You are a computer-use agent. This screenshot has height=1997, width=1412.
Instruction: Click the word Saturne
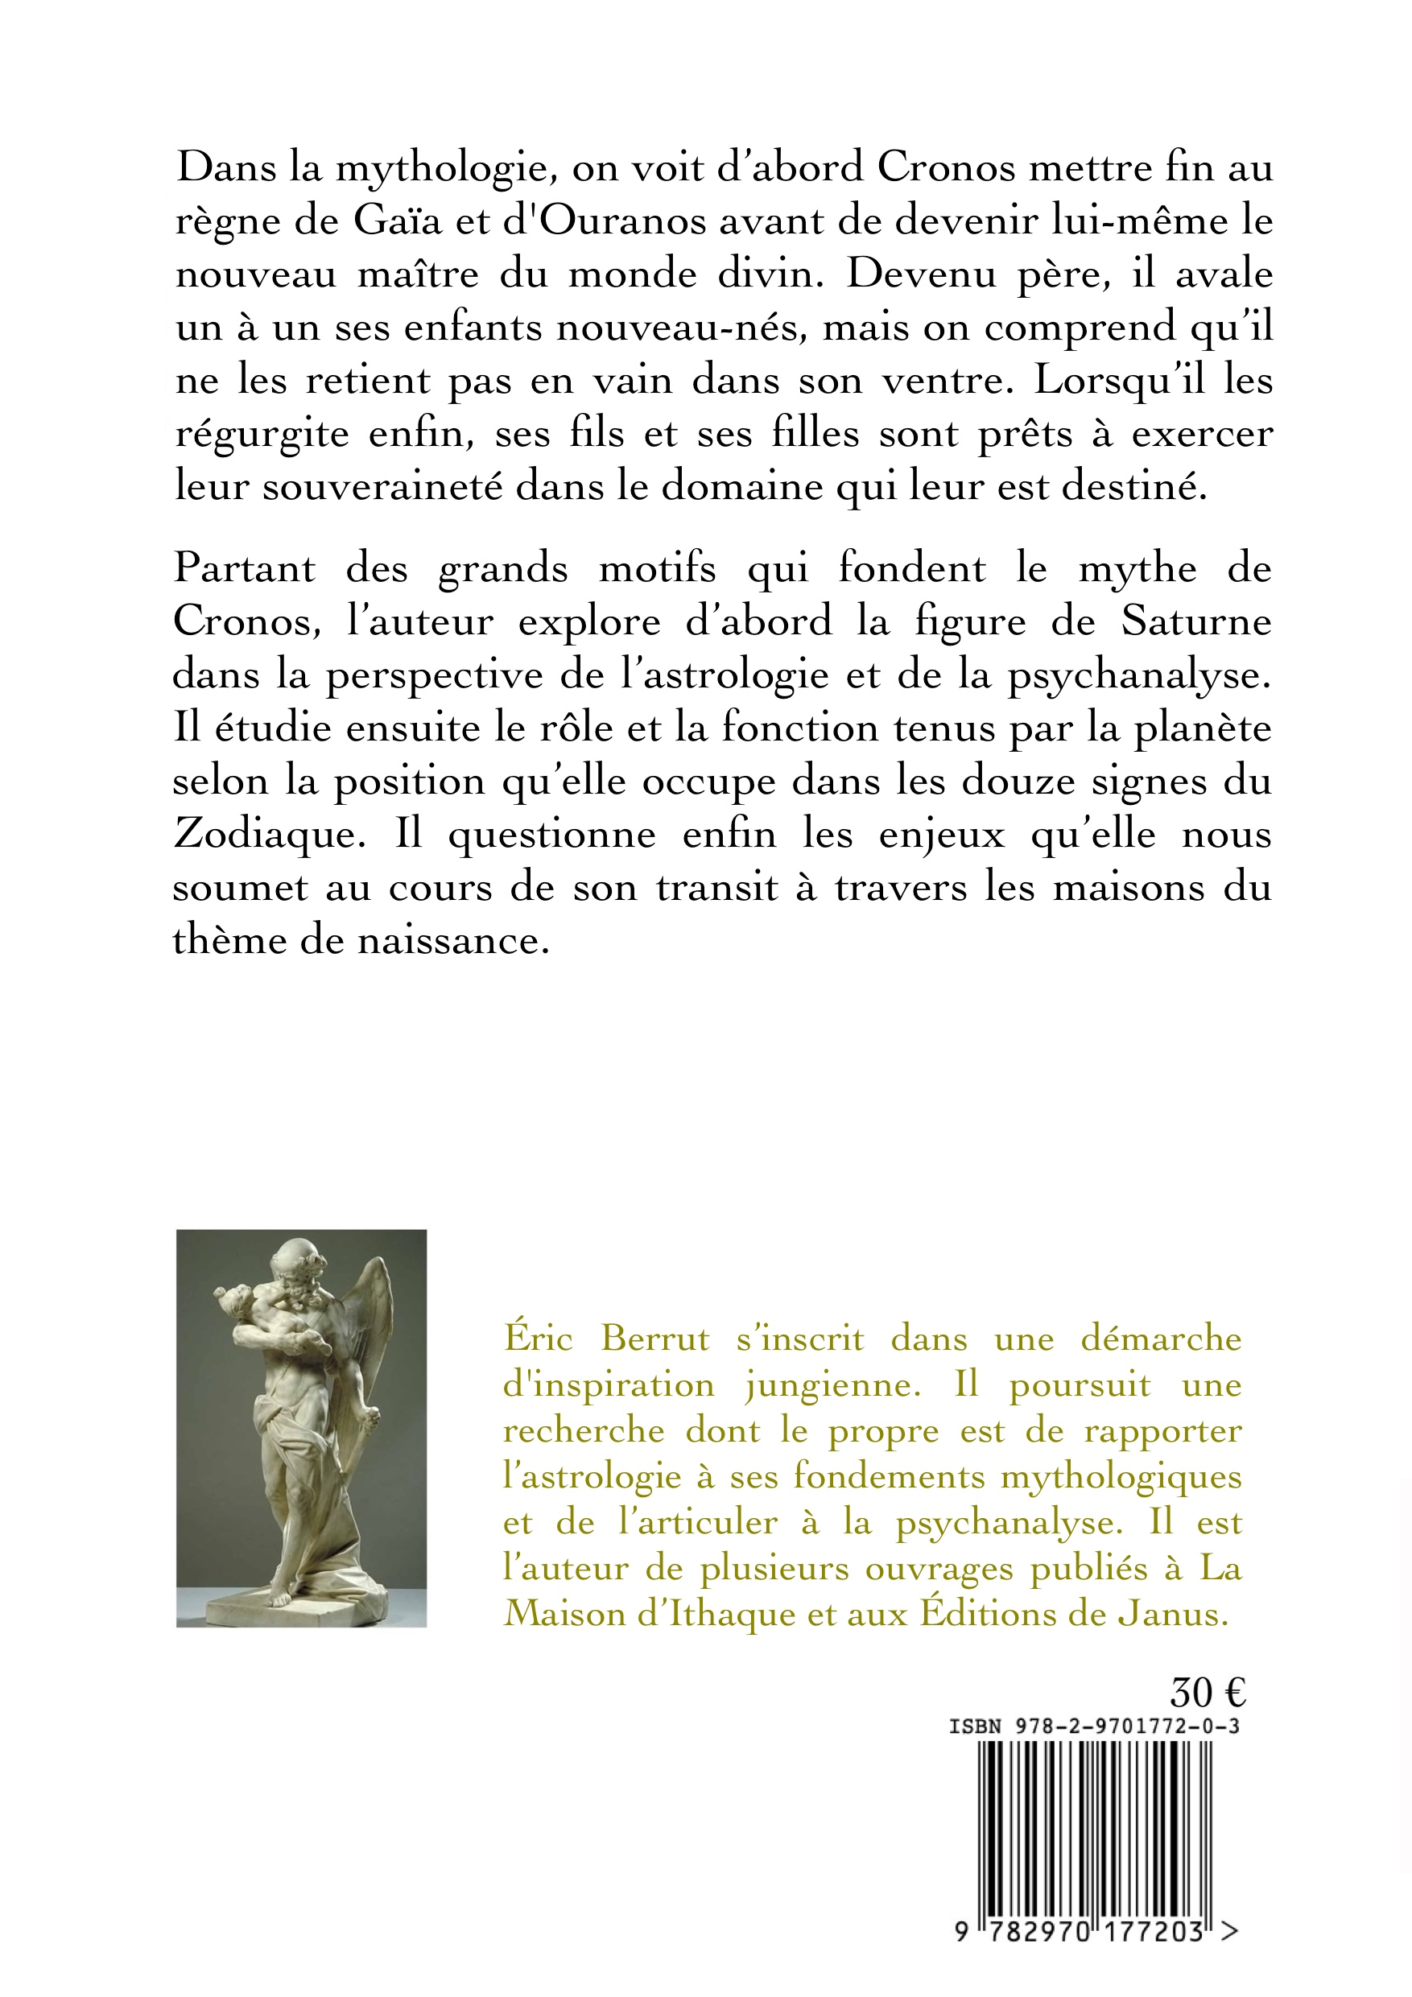tap(1196, 622)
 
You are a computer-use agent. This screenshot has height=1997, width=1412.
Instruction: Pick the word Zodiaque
tap(265, 834)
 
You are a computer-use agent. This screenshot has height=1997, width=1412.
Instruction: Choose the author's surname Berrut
tap(655, 1339)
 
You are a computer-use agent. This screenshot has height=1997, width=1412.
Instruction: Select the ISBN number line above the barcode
tap(1093, 1727)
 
